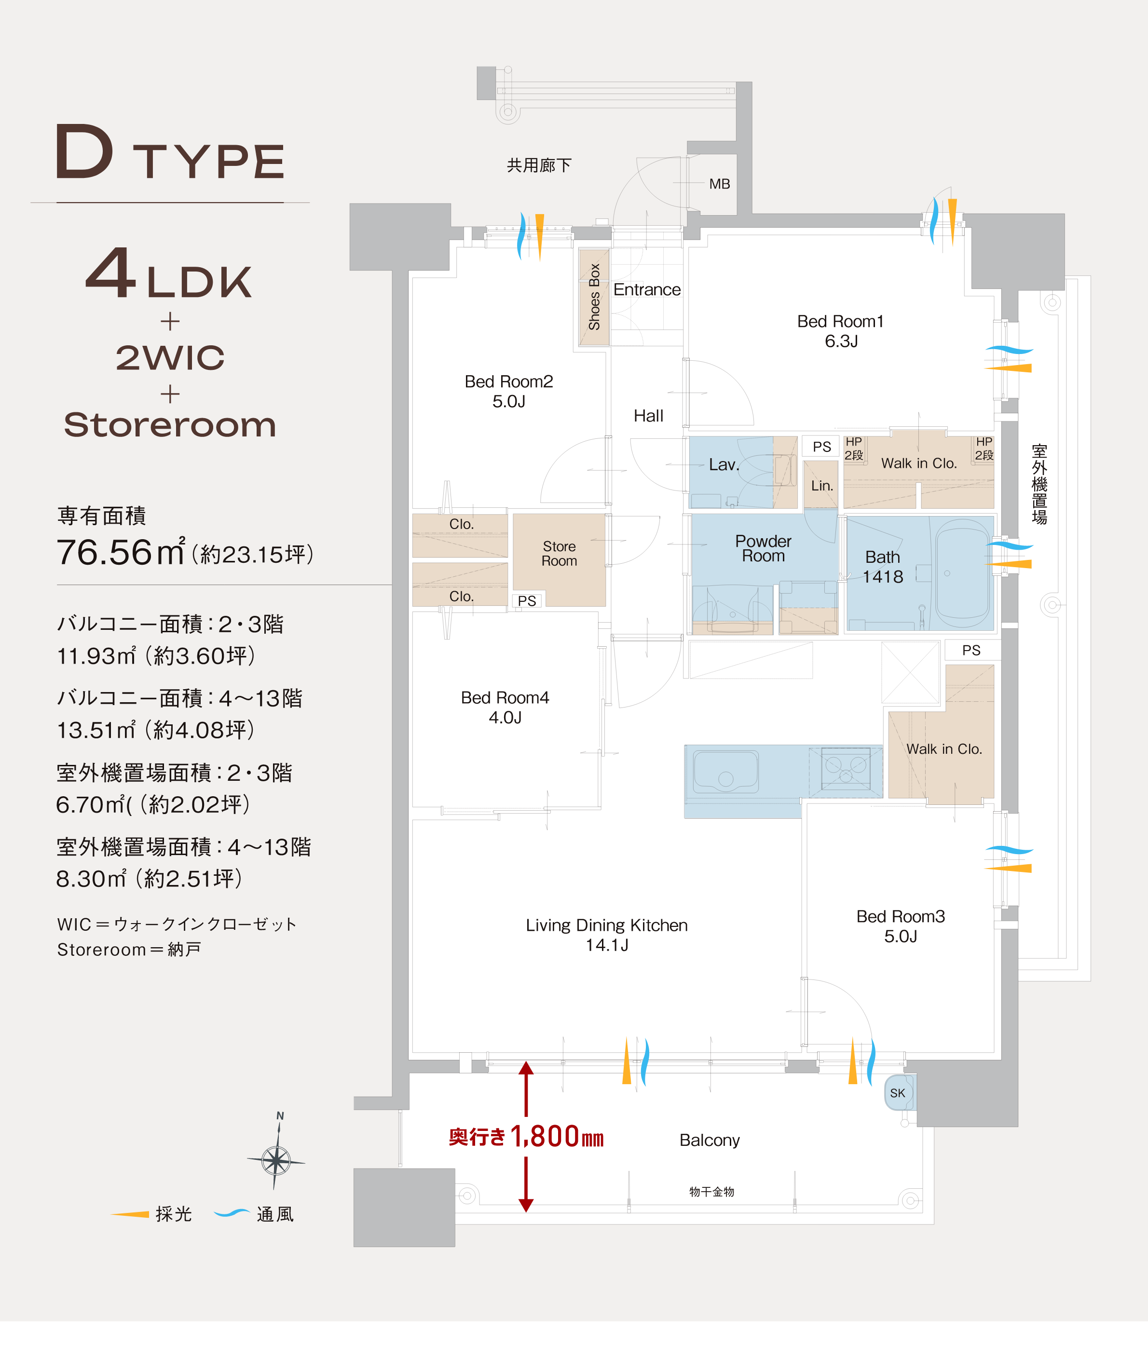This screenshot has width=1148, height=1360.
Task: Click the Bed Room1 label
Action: (840, 330)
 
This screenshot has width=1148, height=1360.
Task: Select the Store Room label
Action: (559, 554)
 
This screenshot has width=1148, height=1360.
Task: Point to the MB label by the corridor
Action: (719, 184)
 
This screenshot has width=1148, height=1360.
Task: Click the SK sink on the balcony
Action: (899, 1093)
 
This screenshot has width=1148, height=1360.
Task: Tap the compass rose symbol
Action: (276, 1159)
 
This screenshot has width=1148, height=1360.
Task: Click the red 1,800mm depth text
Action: (557, 1137)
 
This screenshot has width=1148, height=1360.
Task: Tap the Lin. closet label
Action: (822, 486)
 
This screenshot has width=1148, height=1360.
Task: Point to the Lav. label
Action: (724, 464)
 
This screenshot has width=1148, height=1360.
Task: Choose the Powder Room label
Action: (764, 548)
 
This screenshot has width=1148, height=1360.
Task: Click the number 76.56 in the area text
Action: (104, 553)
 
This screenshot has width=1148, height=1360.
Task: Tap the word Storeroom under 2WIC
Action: (170, 425)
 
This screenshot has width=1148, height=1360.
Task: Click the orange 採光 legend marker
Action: (130, 1214)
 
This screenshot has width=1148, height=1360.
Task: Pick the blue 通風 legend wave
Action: (232, 1213)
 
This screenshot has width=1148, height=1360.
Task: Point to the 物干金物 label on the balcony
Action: (711, 1192)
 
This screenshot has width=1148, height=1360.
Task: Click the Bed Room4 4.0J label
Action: (505, 707)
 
